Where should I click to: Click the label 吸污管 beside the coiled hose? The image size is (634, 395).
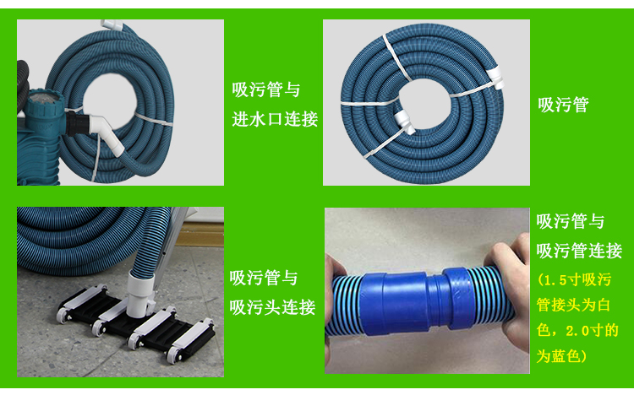point(563,105)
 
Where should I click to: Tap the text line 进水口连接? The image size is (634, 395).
point(275,119)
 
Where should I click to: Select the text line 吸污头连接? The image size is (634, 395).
point(272,307)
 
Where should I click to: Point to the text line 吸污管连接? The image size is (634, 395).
point(579,251)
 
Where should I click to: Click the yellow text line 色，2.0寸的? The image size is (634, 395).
point(577,330)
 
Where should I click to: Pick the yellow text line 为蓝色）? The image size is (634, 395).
point(561,356)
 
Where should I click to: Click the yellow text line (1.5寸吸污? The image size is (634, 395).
point(574,279)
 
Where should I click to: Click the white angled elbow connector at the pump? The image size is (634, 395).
point(107,133)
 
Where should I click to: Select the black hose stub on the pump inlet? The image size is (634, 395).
point(76,123)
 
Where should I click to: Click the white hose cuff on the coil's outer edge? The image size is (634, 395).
point(495,78)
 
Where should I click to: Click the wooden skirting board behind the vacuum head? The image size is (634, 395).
point(200,235)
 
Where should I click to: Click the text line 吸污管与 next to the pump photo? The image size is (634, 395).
point(266,89)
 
